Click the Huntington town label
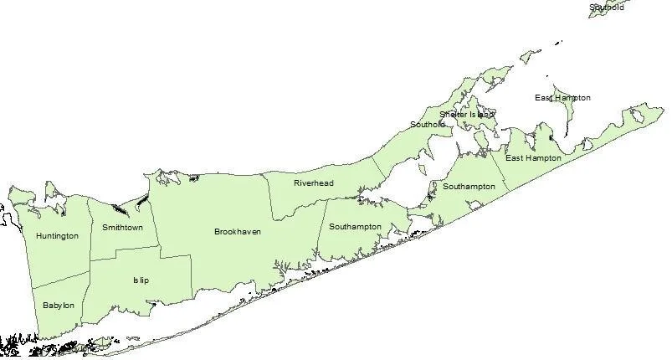pyautogui.click(x=57, y=236)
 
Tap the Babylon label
pyautogui.click(x=59, y=306)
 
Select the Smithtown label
pyautogui.click(x=122, y=227)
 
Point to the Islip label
pyautogui.click(x=141, y=280)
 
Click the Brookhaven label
pyautogui.click(x=238, y=232)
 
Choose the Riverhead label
pyautogui.click(x=314, y=183)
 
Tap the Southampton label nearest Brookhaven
pyautogui.click(x=355, y=227)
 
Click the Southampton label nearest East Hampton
pyautogui.click(x=469, y=186)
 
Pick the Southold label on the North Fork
pyautogui.click(x=428, y=125)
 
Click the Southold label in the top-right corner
pyautogui.click(x=607, y=8)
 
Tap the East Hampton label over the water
pyautogui.click(x=562, y=98)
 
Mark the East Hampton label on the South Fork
pyautogui.click(x=532, y=157)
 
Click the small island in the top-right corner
pyautogui.click(x=605, y=9)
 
